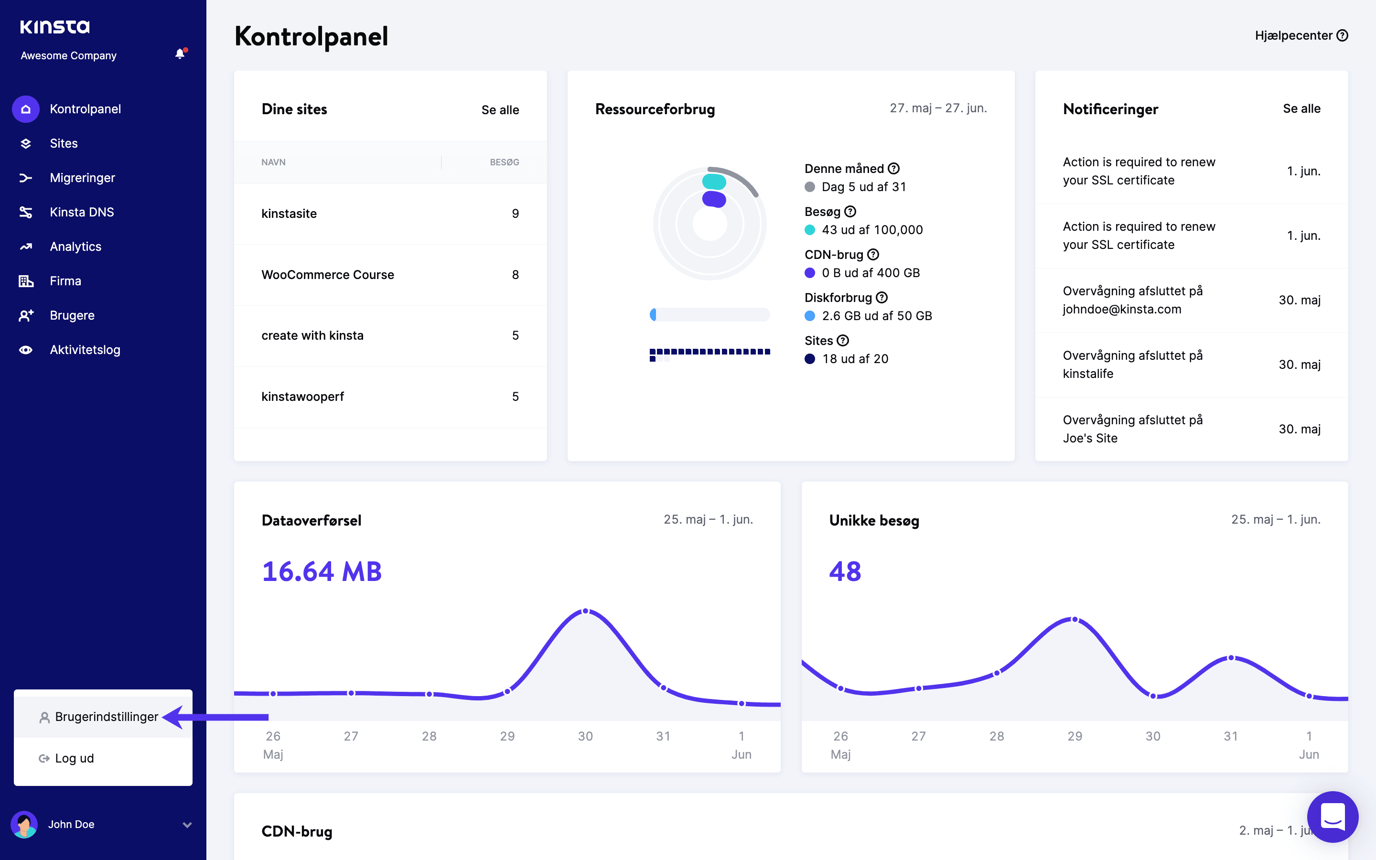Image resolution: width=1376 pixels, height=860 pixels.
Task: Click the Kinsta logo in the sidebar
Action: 54,27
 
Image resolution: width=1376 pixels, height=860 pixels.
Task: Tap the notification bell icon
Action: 180,54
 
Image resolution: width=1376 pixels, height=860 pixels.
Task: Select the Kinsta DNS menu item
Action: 81,212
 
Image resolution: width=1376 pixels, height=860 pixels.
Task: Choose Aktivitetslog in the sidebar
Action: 85,350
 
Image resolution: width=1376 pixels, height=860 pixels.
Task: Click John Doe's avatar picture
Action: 24,824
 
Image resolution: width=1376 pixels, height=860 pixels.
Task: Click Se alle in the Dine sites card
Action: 500,110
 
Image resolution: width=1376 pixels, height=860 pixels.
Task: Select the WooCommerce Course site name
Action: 327,275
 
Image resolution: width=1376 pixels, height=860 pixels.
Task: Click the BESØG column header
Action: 505,162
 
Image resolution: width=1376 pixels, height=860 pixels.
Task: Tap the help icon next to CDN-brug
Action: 873,254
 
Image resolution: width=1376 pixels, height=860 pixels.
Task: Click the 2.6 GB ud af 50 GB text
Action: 876,316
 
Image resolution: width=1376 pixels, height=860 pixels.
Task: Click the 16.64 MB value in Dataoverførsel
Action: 322,571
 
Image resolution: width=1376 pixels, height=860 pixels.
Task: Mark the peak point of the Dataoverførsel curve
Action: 586,611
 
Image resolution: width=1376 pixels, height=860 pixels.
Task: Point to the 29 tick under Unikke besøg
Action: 1075,736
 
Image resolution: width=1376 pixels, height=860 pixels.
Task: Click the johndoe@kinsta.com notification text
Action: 1121,309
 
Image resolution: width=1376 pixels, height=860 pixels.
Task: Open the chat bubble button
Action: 1332,817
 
